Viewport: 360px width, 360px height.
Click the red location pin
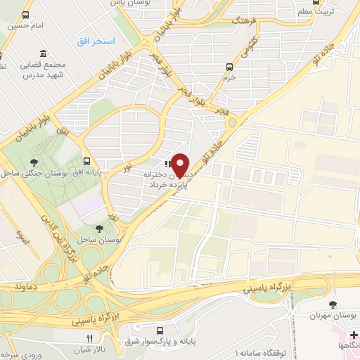point(181,164)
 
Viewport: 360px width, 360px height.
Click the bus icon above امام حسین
point(26,15)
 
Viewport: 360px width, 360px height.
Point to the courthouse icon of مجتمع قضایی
point(44,54)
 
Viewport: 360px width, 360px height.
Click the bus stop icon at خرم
point(229,67)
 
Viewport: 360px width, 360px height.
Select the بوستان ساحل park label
point(117,240)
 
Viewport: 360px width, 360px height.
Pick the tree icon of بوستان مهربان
point(333,304)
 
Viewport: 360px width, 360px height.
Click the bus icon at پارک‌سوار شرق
point(160,330)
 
